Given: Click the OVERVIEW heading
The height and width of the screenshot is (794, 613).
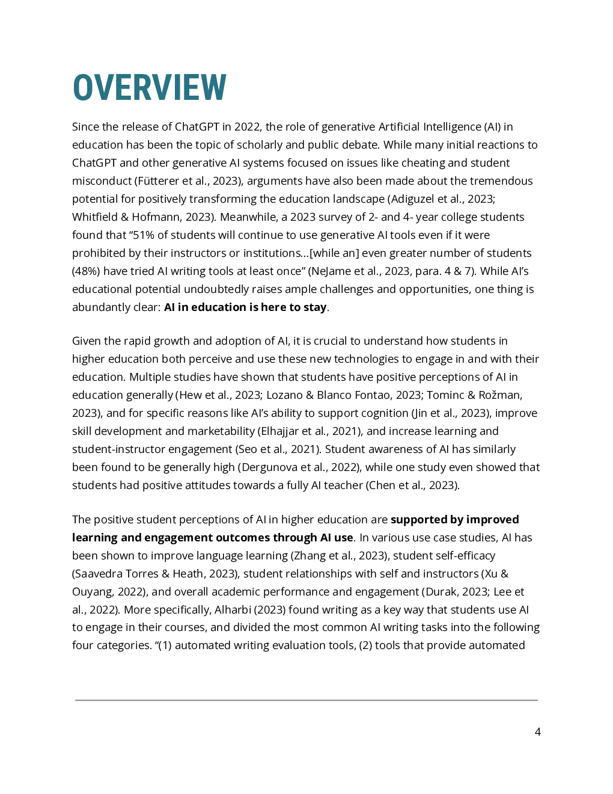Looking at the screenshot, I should (x=150, y=87).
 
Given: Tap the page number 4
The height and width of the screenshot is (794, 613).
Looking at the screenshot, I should (x=537, y=732).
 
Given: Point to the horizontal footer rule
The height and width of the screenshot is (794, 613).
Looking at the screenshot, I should (x=306, y=700).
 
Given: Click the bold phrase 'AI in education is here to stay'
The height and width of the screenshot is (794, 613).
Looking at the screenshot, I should (x=245, y=307).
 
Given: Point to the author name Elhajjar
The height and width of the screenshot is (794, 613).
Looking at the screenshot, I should (x=281, y=431).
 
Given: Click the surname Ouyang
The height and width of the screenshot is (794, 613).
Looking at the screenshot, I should (x=91, y=592).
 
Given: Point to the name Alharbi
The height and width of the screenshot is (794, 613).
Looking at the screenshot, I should (x=233, y=610).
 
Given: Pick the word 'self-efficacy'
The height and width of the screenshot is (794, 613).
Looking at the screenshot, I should (x=462, y=556).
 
